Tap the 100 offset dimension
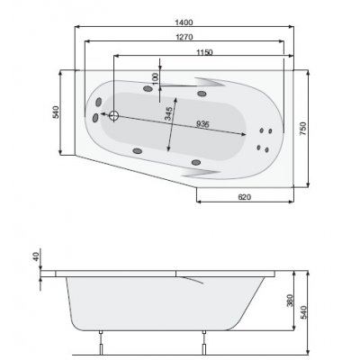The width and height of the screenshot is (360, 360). (x=154, y=78)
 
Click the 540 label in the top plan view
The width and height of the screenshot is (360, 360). (x=56, y=112)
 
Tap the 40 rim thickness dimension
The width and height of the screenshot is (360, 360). (x=37, y=256)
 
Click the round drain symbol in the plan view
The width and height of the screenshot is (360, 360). (x=114, y=115)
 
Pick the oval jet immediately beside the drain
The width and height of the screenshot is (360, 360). (x=95, y=116)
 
